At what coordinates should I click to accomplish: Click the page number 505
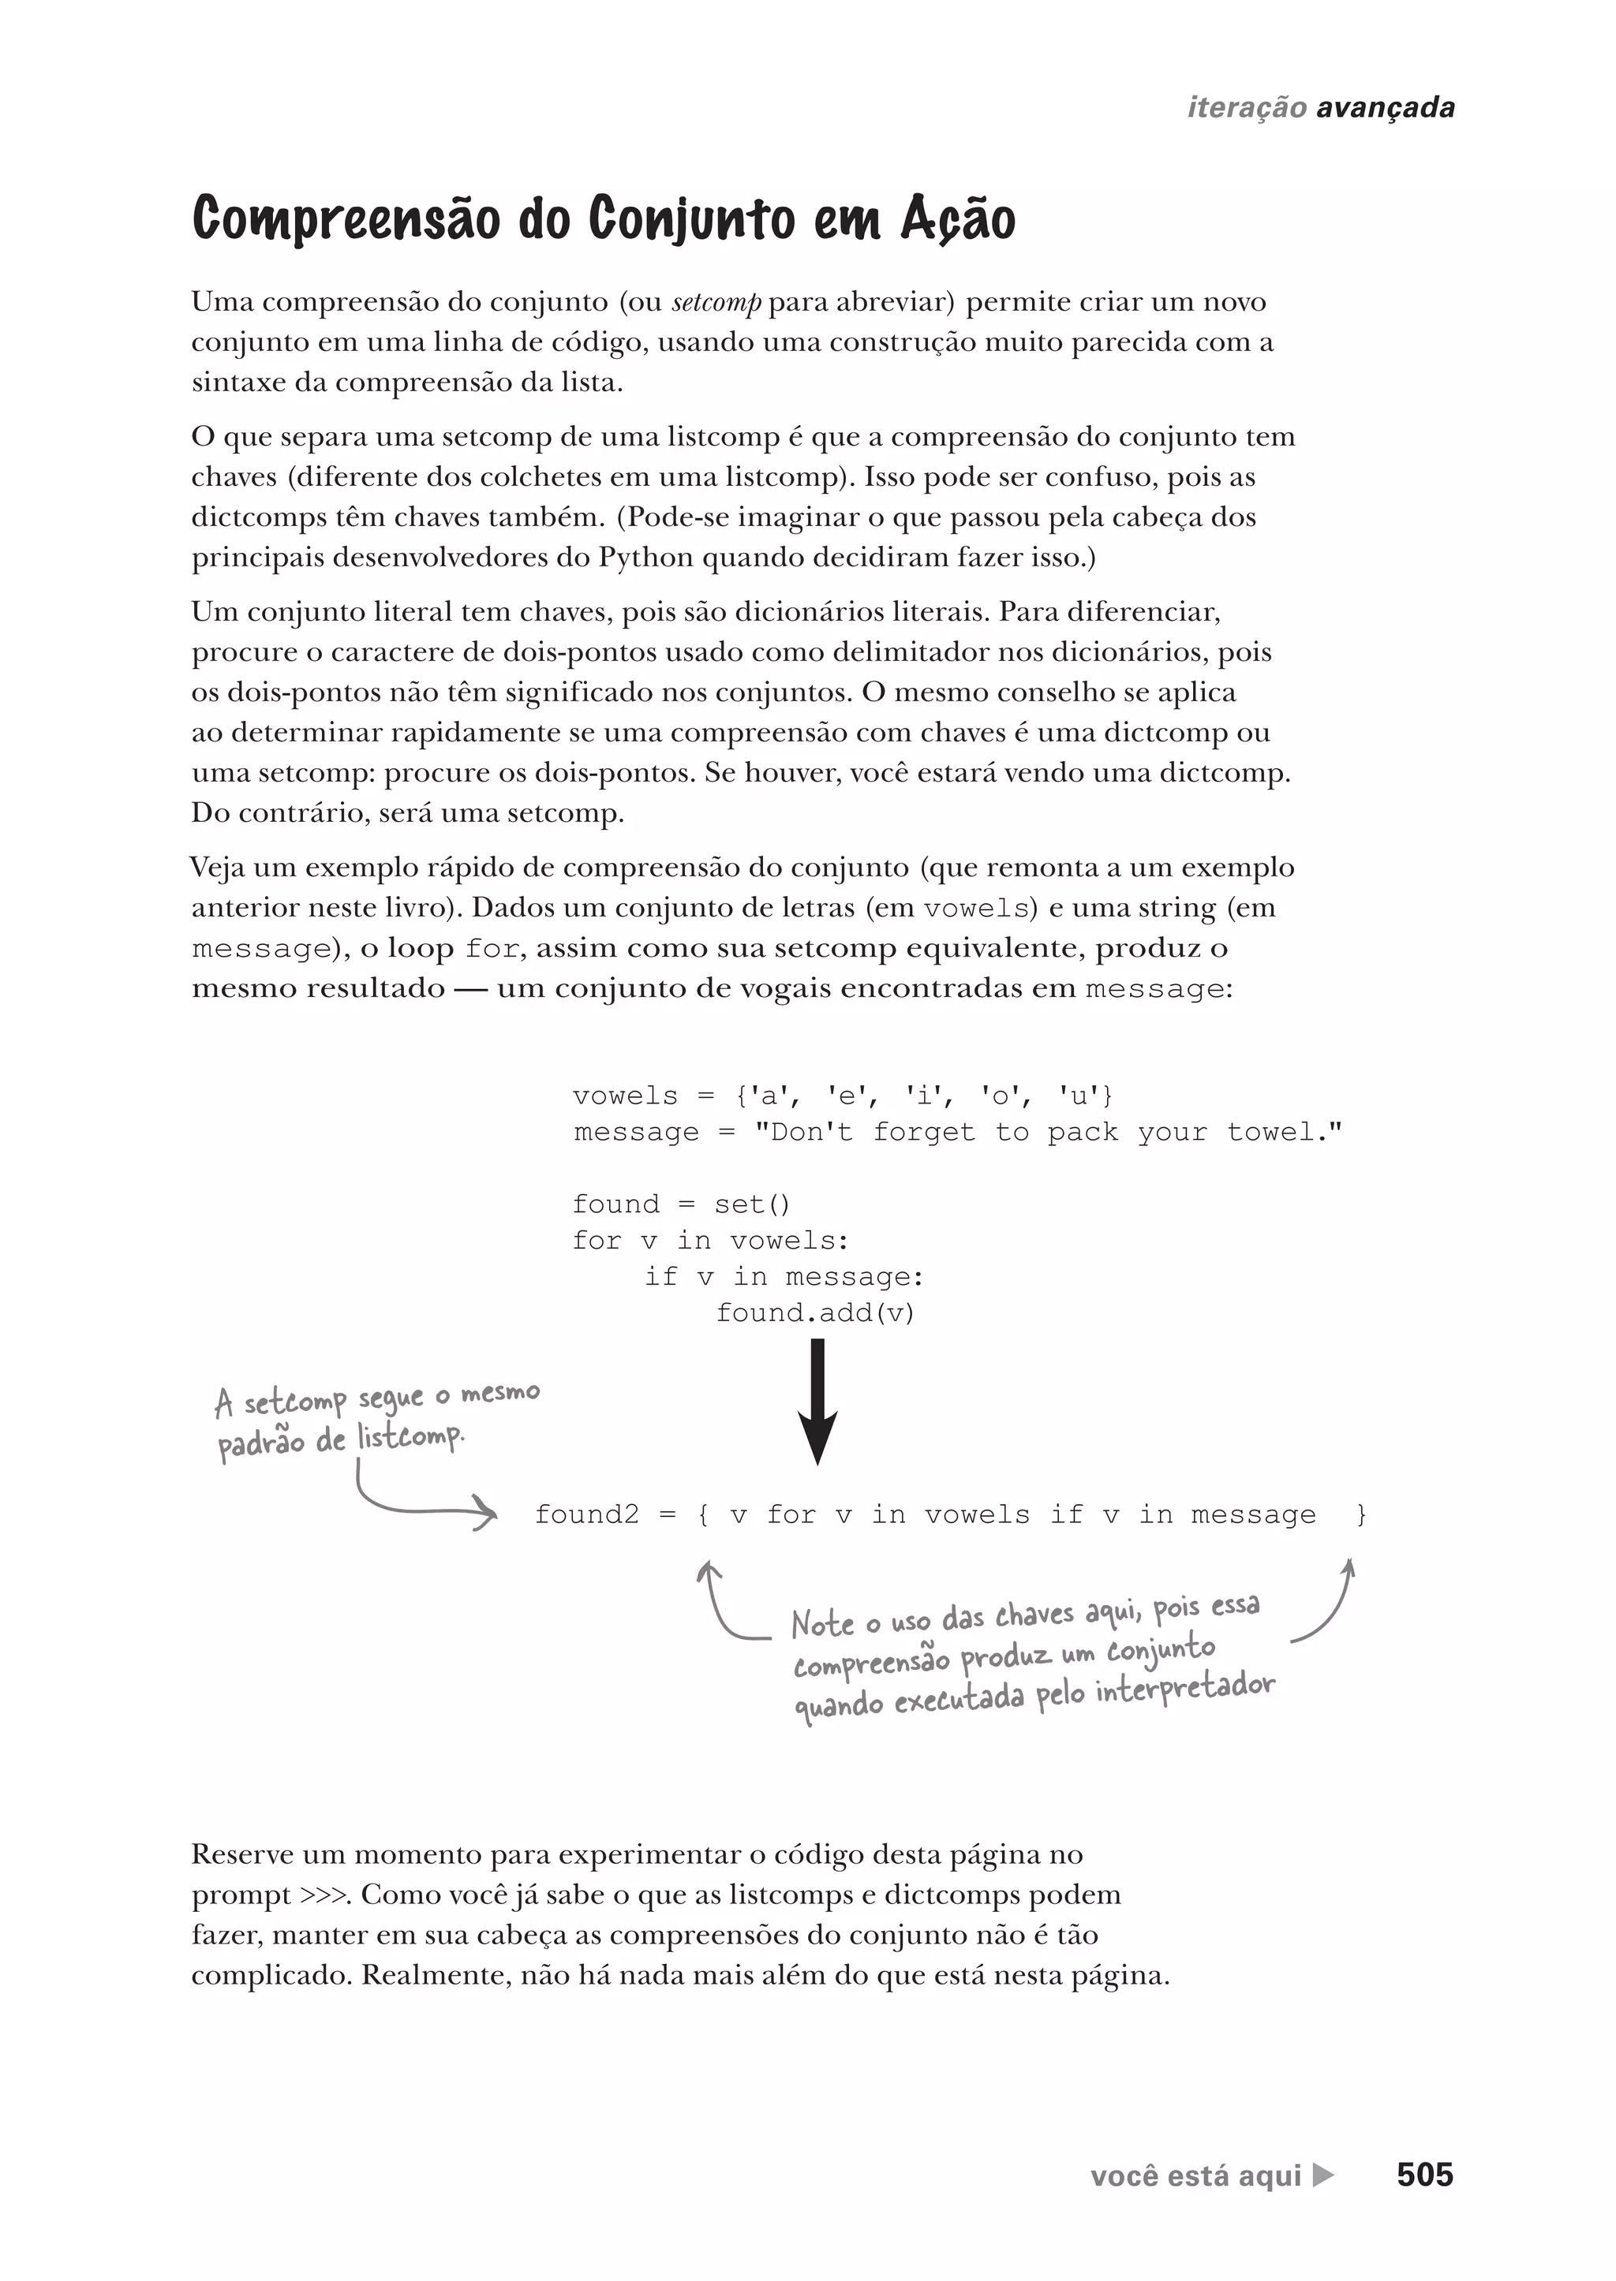click(x=1424, y=2175)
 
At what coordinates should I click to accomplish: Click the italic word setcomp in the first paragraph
click(x=716, y=302)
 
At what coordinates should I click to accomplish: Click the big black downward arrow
click(x=817, y=1402)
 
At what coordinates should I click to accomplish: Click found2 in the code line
click(x=587, y=1515)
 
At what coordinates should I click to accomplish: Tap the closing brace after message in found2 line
click(x=1361, y=1515)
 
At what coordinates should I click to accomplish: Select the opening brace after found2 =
click(x=704, y=1515)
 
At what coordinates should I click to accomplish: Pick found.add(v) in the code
click(x=815, y=1313)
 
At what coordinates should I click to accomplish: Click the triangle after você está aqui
click(x=1322, y=2175)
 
